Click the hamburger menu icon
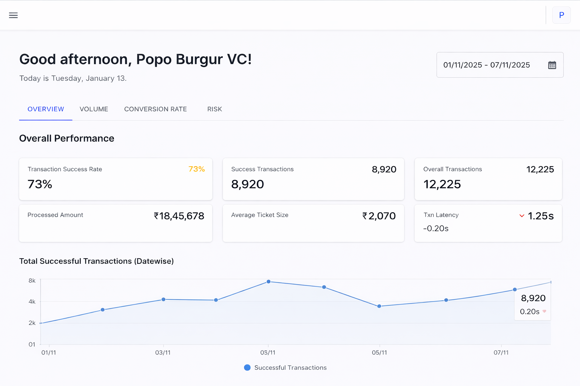click(13, 15)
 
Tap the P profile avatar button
click(561, 15)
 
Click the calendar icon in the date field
click(552, 65)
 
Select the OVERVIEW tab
click(46, 109)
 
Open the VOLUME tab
click(94, 109)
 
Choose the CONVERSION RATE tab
click(156, 109)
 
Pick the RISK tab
click(214, 109)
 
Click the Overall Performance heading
click(66, 138)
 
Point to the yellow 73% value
click(196, 169)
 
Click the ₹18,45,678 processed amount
click(179, 216)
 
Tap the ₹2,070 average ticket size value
click(379, 216)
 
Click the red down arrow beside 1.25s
click(522, 216)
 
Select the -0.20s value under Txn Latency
click(436, 228)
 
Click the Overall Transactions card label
click(452, 169)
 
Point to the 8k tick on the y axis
click(32, 281)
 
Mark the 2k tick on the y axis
click(32, 323)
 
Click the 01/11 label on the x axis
click(48, 353)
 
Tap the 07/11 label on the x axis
click(501, 353)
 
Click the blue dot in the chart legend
click(247, 368)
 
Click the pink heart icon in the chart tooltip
click(544, 311)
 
